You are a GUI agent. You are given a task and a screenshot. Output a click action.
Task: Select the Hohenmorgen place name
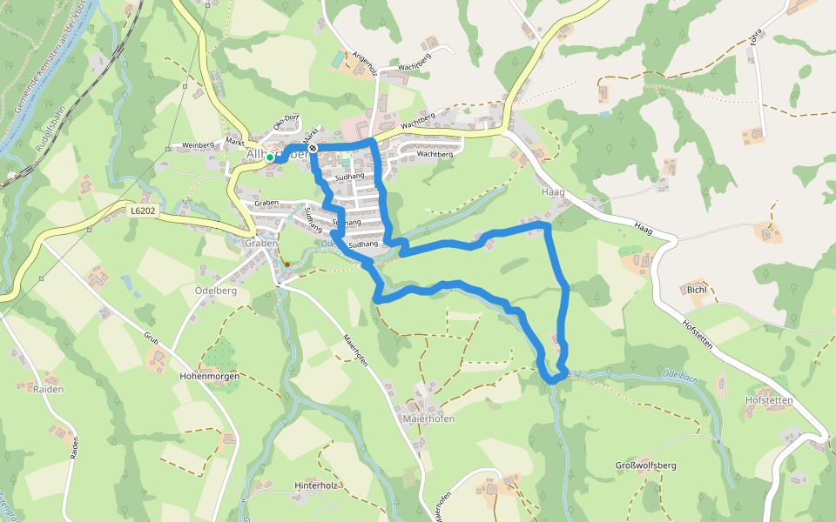[208, 377]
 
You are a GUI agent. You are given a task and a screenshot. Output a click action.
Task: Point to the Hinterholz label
[315, 485]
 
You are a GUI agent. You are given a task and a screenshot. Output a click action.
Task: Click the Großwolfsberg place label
[646, 466]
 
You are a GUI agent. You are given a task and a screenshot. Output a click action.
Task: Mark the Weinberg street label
[197, 145]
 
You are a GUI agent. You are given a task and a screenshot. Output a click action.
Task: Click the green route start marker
[271, 157]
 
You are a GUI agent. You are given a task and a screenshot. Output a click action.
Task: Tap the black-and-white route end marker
[313, 149]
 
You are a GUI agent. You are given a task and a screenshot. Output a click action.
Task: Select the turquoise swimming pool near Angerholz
[337, 59]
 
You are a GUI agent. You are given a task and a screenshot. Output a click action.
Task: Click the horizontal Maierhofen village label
[428, 418]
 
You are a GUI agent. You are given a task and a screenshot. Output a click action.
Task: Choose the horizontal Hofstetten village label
[769, 400]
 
